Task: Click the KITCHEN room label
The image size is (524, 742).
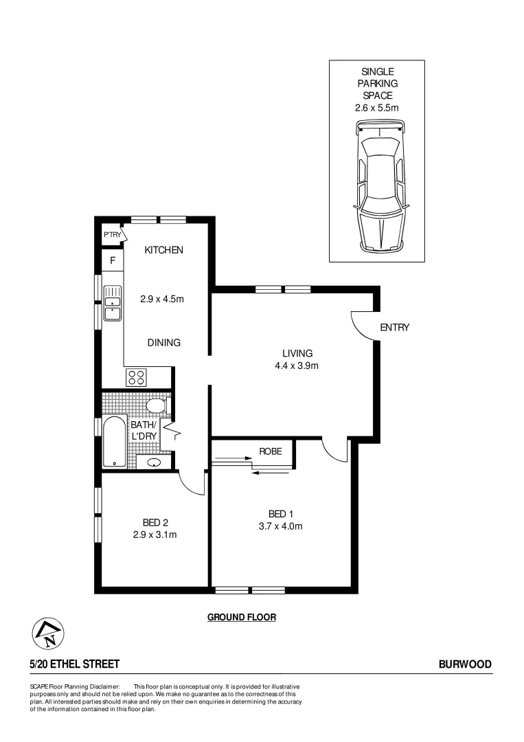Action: click(163, 250)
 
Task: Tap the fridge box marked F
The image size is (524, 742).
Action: click(113, 261)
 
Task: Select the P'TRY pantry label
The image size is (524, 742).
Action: click(112, 235)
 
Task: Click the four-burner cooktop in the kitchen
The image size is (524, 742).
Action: click(136, 376)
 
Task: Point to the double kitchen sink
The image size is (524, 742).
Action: click(112, 304)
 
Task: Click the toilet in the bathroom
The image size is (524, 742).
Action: click(157, 405)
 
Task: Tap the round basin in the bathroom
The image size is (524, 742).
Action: click(154, 462)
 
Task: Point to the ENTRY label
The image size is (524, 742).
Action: click(394, 328)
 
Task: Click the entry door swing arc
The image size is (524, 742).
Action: click(362, 323)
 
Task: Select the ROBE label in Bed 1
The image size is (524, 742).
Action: click(270, 451)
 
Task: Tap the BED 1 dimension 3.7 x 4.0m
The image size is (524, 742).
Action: click(277, 527)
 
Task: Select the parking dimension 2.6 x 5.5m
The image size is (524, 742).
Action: click(376, 108)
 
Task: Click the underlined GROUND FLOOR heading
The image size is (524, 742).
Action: click(242, 618)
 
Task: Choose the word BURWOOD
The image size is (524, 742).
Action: click(465, 664)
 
